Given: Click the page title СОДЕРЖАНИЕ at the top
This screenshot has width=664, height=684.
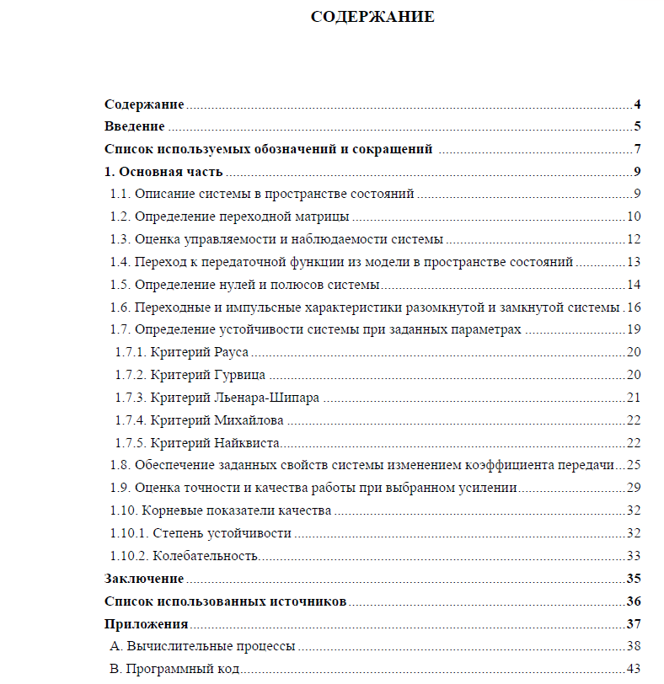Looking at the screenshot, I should (x=372, y=17).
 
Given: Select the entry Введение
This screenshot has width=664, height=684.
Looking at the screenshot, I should (x=134, y=127).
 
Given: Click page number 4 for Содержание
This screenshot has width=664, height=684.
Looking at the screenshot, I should (x=638, y=104).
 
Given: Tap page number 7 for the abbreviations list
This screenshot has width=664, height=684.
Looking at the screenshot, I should (x=638, y=150).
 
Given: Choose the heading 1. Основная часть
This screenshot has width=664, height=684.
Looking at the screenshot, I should (x=163, y=173).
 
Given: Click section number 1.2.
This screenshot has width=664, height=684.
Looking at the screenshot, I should (x=121, y=216).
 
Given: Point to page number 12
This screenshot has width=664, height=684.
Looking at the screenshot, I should (x=634, y=239).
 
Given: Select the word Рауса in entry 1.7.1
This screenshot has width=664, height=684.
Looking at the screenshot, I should (x=231, y=352).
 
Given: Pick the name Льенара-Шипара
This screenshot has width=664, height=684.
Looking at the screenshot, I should (x=267, y=398).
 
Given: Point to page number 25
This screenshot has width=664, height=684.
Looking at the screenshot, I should (x=634, y=465).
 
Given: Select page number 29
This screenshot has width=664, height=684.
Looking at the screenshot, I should (x=634, y=488).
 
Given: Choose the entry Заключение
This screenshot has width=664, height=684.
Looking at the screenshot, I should (x=144, y=579).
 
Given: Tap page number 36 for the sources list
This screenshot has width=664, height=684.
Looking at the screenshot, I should (x=634, y=601).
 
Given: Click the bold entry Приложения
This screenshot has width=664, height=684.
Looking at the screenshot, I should (x=146, y=624).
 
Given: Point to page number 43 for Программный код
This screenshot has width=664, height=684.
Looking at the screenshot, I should (x=634, y=669).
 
